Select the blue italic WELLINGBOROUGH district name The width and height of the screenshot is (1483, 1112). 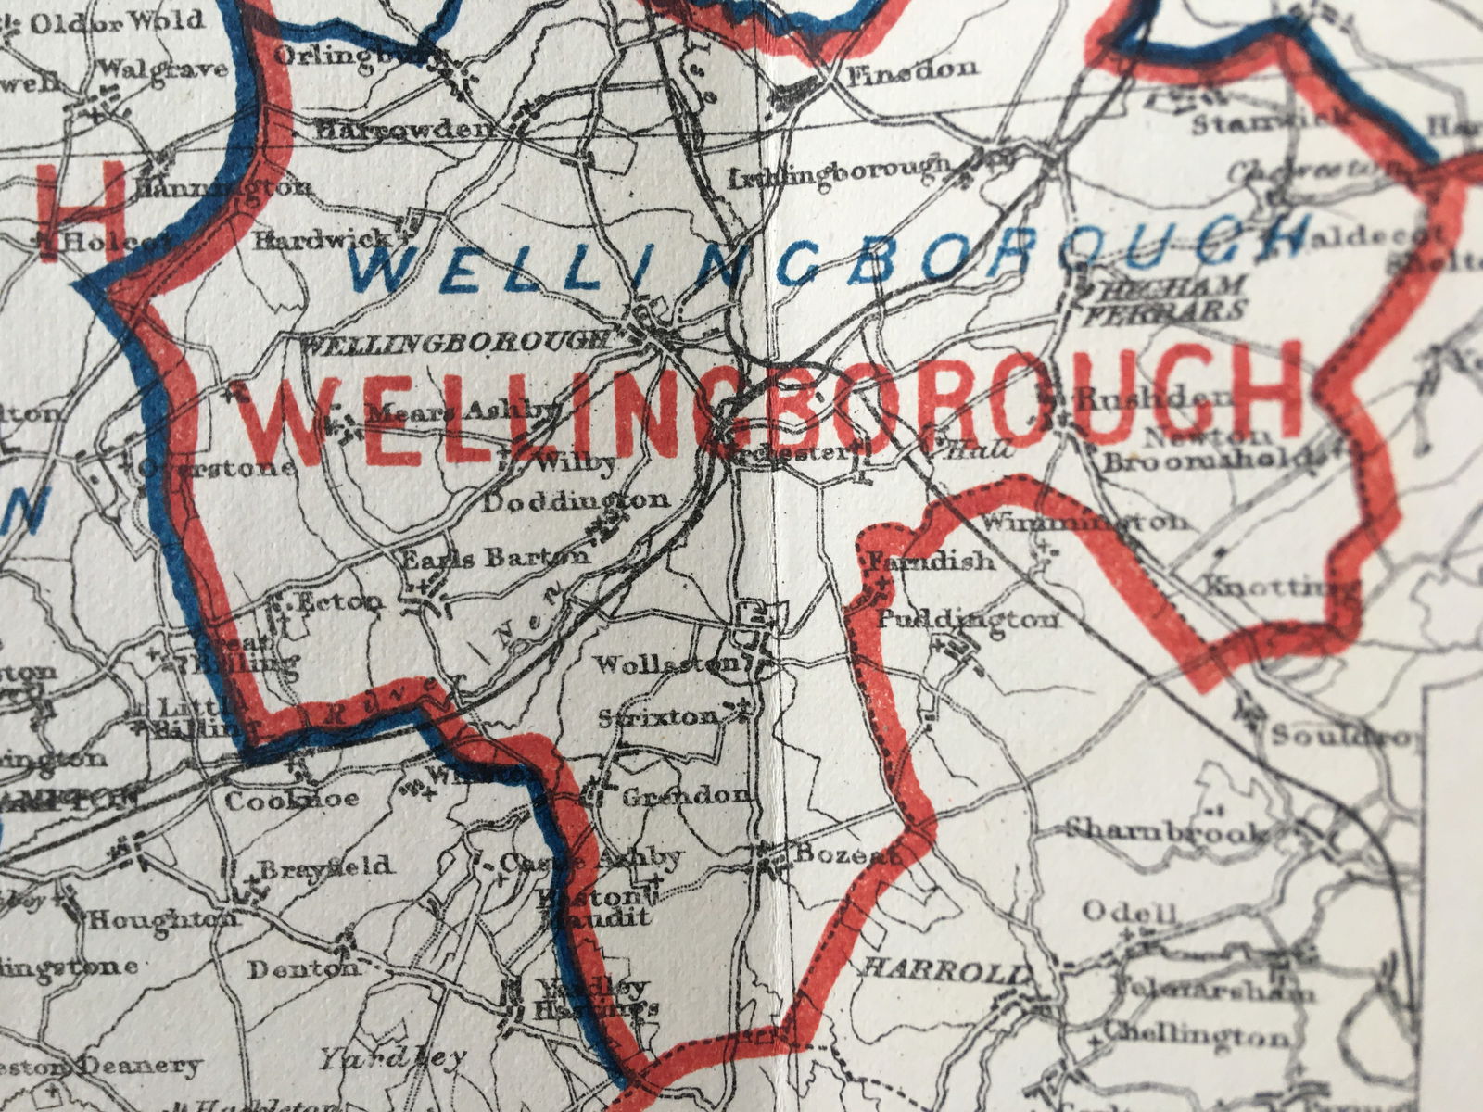[830, 255]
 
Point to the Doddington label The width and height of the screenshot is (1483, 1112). [576, 501]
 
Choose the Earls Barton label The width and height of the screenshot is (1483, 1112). [496, 557]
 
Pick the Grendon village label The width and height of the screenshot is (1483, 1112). [685, 795]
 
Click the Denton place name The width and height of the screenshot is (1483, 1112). [302, 969]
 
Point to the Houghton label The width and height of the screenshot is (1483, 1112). [162, 919]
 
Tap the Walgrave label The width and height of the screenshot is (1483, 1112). [162, 69]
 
